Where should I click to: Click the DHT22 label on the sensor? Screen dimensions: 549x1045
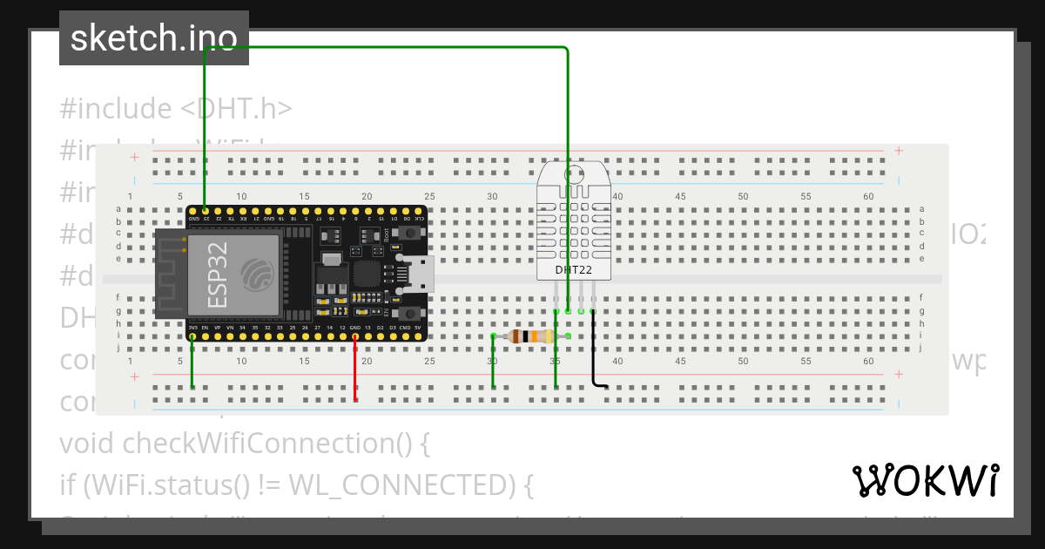tap(574, 270)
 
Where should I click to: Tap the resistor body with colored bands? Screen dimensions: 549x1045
tap(530, 335)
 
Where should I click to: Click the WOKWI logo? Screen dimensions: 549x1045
tap(925, 480)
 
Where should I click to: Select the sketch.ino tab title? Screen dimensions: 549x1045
tap(153, 38)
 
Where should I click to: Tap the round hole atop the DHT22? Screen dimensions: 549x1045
tap(574, 173)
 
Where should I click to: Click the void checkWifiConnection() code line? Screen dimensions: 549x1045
tap(245, 443)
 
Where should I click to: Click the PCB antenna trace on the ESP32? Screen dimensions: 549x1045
tap(170, 274)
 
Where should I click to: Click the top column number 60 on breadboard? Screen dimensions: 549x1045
tap(868, 197)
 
